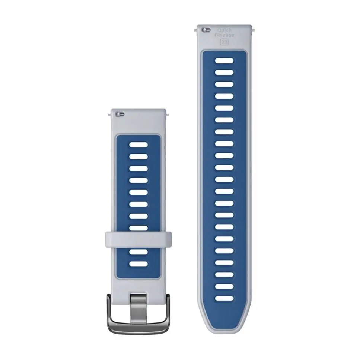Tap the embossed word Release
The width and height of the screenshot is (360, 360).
click(224, 35)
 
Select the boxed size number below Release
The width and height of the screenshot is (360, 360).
click(224, 42)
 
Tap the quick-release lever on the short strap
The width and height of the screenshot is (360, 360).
click(120, 114)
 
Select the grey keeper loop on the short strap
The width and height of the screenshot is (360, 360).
click(138, 239)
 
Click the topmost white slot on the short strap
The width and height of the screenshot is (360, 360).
click(138, 144)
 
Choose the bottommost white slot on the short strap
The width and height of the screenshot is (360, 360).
click(138, 264)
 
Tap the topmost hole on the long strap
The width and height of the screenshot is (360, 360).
click(224, 60)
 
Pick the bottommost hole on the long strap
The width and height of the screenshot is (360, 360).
click(224, 298)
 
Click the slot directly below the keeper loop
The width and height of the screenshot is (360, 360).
click(138, 252)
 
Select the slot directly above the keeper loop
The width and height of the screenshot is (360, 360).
click(138, 228)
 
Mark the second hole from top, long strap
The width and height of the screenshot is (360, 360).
click(224, 72)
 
